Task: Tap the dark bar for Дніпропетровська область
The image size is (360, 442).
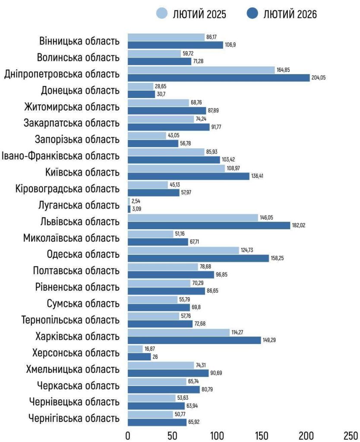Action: click(x=219, y=78)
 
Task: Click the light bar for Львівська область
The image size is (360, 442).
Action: click(x=193, y=218)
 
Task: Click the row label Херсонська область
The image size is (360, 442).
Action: click(x=76, y=353)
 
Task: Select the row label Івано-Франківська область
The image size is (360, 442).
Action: click(x=60, y=155)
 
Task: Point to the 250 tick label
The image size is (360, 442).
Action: click(x=351, y=434)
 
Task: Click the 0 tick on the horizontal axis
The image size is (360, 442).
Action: click(x=128, y=434)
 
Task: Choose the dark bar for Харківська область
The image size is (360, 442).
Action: click(x=194, y=340)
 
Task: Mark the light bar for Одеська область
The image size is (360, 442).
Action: click(x=183, y=251)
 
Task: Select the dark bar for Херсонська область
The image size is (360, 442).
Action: click(x=139, y=357)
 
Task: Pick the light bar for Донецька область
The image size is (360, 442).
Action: click(x=141, y=87)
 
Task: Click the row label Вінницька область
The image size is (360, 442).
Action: click(x=79, y=41)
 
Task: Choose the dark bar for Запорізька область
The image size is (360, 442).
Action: click(x=153, y=143)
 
